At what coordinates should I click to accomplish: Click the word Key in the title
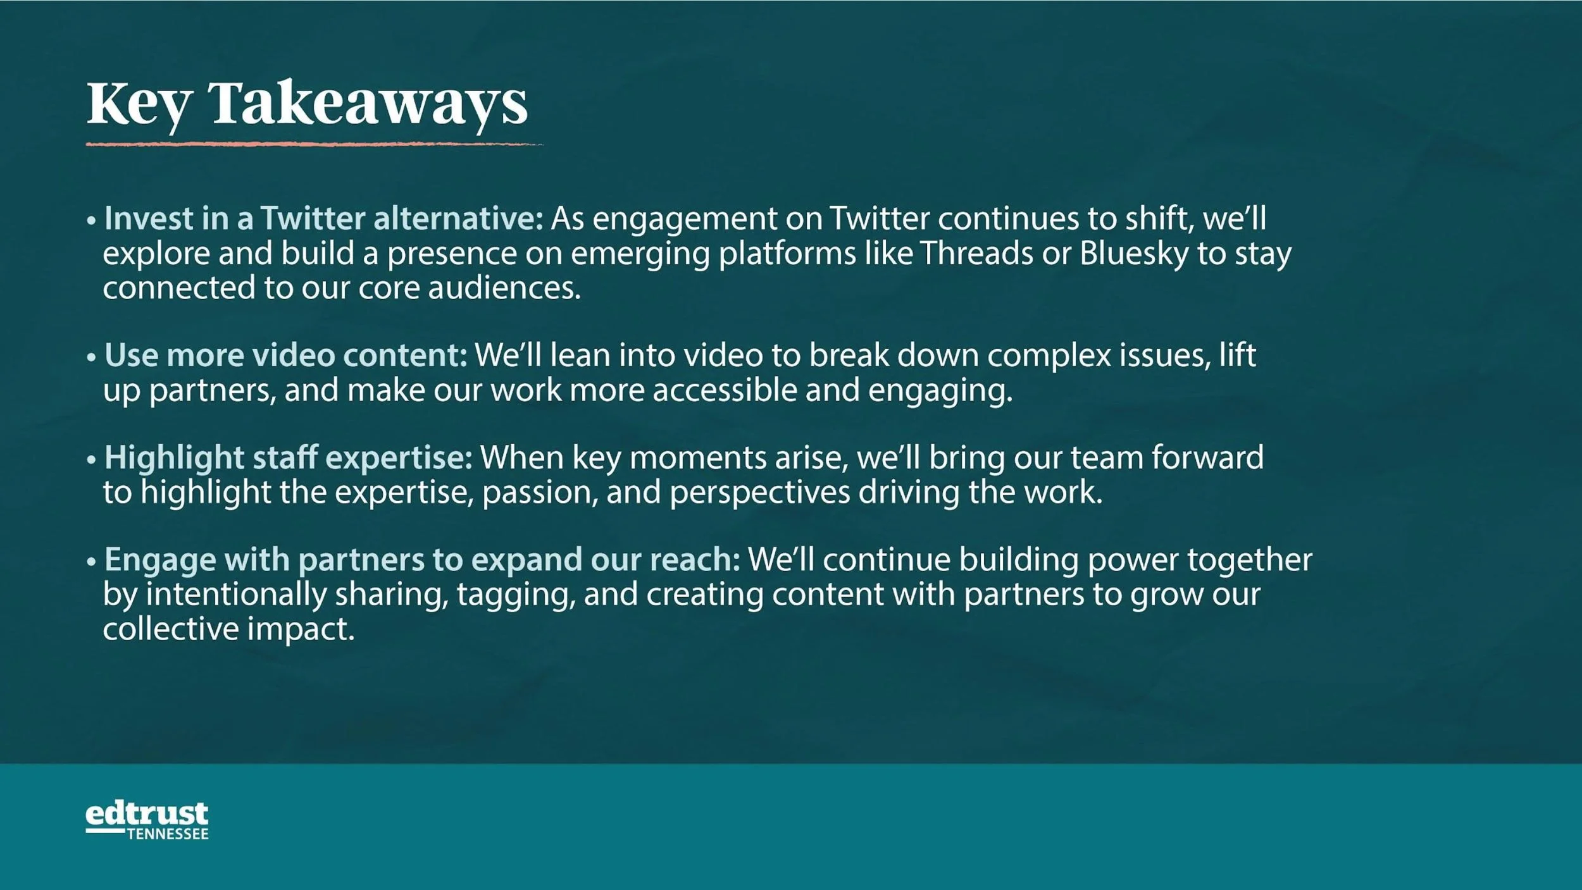139,104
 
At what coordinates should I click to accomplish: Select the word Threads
976,253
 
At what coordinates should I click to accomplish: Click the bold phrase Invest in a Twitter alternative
323,218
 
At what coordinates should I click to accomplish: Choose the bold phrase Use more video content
285,355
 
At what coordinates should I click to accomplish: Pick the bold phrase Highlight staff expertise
288,457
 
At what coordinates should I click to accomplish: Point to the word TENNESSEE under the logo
168,834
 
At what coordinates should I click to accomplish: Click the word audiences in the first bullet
504,288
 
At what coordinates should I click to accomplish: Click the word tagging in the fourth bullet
516,595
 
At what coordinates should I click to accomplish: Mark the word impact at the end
301,630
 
